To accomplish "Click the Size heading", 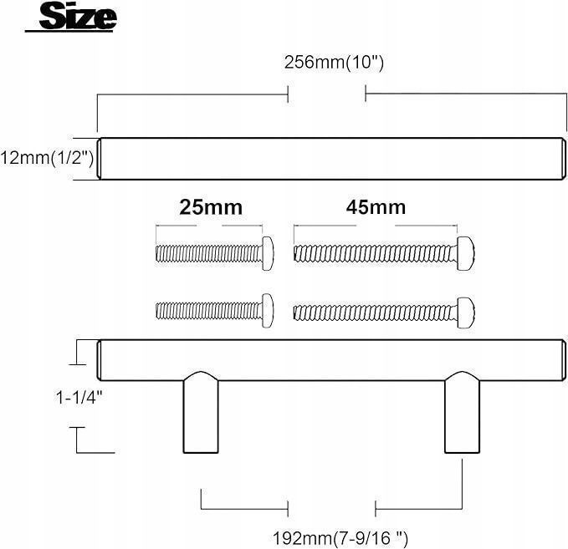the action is [78, 16].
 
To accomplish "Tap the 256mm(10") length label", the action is [334, 62].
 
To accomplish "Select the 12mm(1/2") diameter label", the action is [47, 158].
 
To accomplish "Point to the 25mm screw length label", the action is [211, 207].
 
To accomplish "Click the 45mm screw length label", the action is [376, 207].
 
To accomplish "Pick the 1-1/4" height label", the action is [79, 398].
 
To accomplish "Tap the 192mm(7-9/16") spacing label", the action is [340, 538].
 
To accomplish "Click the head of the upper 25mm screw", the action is [268, 253].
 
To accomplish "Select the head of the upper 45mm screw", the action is [465, 253].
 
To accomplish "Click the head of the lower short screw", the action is [268, 311].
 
